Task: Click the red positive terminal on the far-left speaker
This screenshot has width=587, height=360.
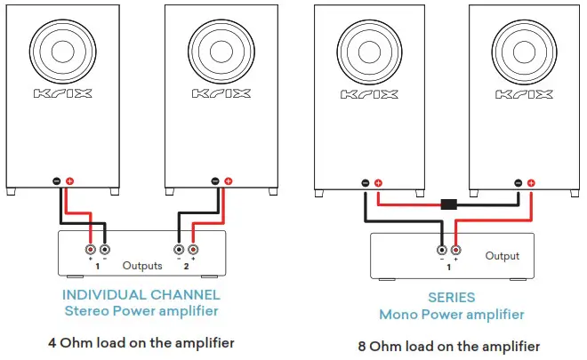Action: (x=70, y=182)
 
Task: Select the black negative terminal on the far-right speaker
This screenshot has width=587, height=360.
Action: (x=519, y=183)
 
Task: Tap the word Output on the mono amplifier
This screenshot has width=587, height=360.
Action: (x=503, y=256)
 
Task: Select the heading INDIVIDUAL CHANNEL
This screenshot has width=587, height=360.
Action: (x=141, y=294)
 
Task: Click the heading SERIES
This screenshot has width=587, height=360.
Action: (x=451, y=298)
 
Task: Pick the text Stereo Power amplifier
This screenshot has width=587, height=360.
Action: (x=141, y=310)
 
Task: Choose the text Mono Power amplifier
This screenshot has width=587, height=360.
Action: (x=451, y=314)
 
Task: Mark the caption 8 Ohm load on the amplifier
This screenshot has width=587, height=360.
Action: (x=451, y=345)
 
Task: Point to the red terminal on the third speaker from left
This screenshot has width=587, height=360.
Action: (x=377, y=184)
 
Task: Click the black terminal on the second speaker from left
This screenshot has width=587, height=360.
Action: (x=214, y=182)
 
